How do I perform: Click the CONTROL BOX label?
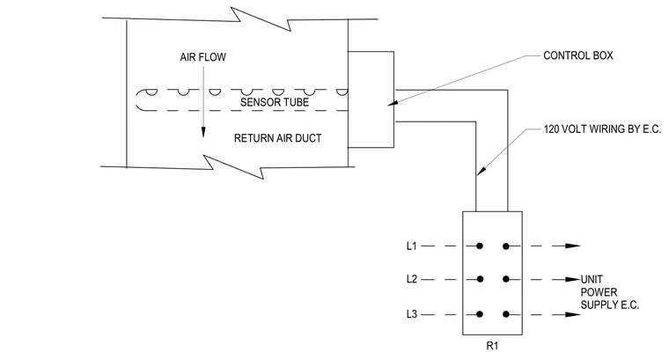click(x=578, y=55)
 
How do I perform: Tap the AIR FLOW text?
click(x=202, y=57)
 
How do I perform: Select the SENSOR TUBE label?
click(x=275, y=102)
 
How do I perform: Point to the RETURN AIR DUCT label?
click(x=278, y=138)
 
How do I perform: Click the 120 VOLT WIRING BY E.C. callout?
click(x=602, y=129)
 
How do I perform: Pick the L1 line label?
click(x=411, y=246)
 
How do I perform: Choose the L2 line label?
click(x=411, y=279)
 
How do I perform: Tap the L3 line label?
click(x=411, y=314)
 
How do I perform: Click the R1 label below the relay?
click(x=492, y=346)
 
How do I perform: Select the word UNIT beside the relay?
click(x=592, y=279)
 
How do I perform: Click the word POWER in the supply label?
click(x=599, y=292)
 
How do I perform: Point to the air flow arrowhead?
click(x=203, y=132)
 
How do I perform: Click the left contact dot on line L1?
click(x=480, y=246)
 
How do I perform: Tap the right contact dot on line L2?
click(x=506, y=279)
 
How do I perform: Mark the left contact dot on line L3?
click(x=480, y=314)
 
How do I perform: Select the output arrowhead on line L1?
click(x=573, y=246)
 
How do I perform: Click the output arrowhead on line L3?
click(x=573, y=314)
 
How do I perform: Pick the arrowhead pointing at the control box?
click(x=393, y=103)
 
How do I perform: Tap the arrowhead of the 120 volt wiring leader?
click(x=481, y=170)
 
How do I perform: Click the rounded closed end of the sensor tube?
click(x=137, y=100)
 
